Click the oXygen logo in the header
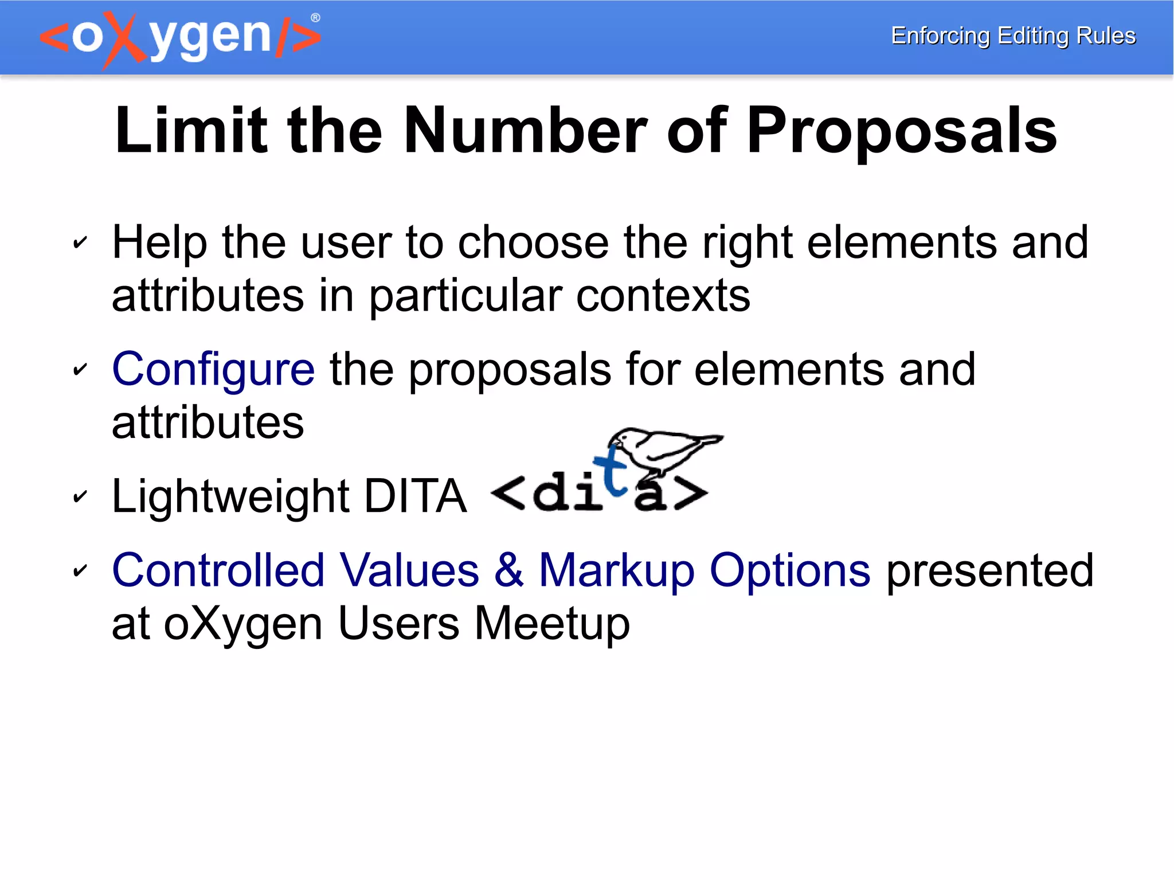tap(179, 38)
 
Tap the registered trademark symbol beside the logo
tap(315, 18)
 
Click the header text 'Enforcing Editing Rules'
tap(1013, 36)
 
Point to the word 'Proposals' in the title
tap(901, 132)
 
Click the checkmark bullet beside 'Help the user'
tap(80, 243)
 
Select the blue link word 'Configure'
tap(213, 370)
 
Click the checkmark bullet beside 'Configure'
tap(80, 370)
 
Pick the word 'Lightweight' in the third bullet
tap(230, 496)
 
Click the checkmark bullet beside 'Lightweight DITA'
tap(80, 496)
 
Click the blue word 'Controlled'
tap(218, 570)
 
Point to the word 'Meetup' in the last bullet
tap(552, 624)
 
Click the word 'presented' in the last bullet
tap(989, 571)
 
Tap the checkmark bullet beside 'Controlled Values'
tap(80, 570)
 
